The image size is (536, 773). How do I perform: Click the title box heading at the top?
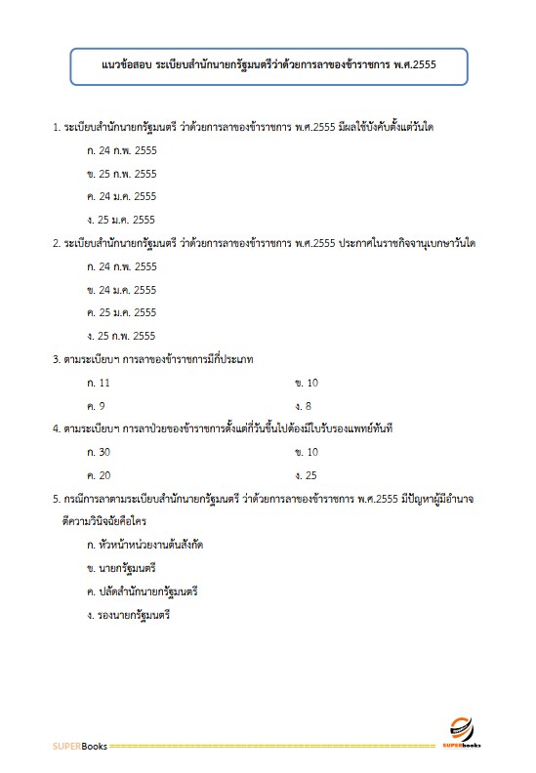[x=268, y=65]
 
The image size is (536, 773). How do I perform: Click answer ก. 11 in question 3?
[x=98, y=383]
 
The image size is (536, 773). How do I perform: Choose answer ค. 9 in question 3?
[x=96, y=406]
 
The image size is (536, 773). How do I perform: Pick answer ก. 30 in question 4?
[x=99, y=453]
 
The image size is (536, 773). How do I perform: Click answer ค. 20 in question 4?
[x=99, y=475]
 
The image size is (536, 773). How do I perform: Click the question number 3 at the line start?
[x=56, y=359]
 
